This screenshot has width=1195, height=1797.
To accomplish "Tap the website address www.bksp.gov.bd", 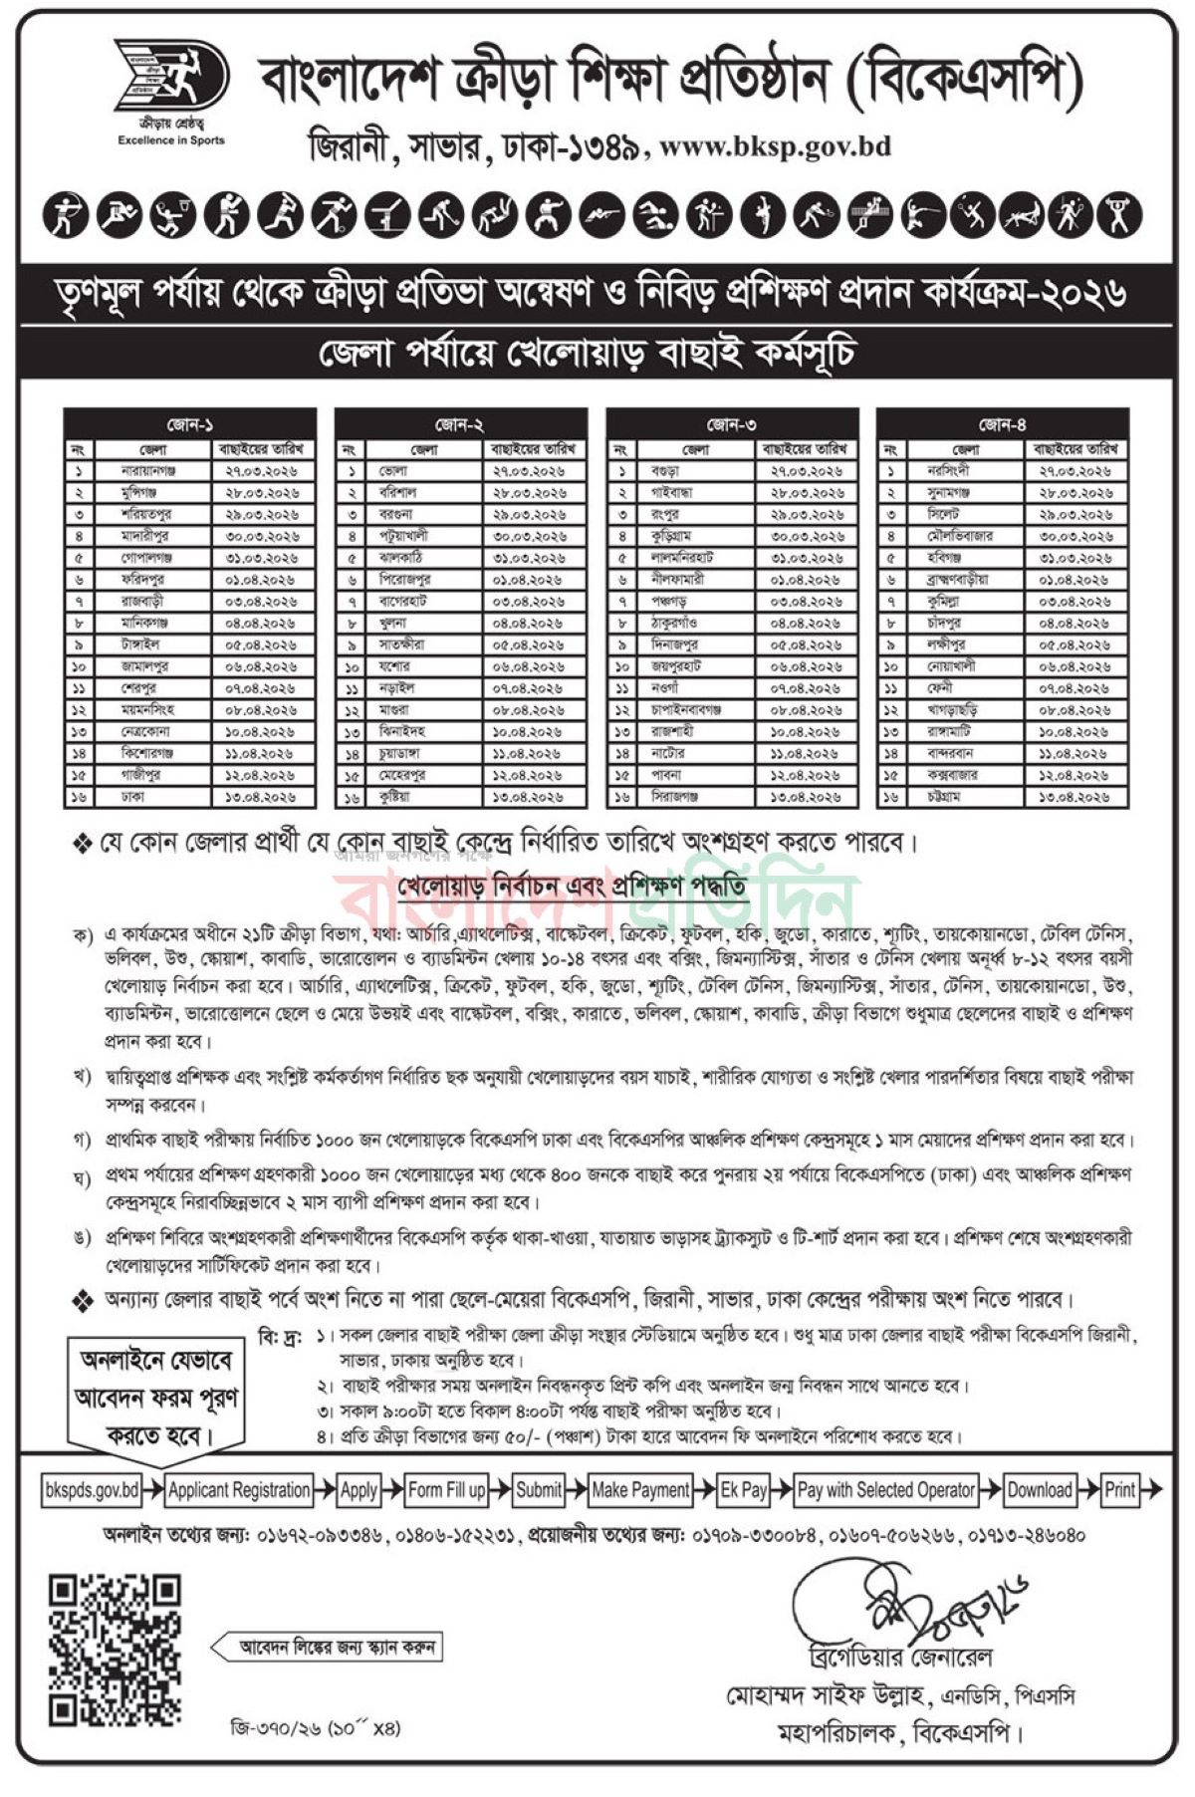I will [x=775, y=147].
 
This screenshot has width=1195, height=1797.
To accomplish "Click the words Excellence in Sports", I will [x=171, y=140].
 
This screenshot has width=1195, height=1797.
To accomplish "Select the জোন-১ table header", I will [x=189, y=425].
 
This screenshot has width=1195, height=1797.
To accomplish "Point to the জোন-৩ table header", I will [x=731, y=425].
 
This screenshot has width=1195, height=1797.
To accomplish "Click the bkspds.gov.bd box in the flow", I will [x=92, y=1490].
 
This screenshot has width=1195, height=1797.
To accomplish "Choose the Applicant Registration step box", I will [x=239, y=1490].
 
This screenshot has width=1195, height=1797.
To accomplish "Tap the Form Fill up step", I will [x=447, y=1490].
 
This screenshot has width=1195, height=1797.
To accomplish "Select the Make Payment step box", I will [x=640, y=1490].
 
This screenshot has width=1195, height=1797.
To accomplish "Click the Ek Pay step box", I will [x=744, y=1490].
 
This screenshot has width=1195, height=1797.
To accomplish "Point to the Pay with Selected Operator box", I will [x=886, y=1490].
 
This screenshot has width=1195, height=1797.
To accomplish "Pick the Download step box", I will [x=1040, y=1490].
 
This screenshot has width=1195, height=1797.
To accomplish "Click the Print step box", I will [x=1120, y=1490].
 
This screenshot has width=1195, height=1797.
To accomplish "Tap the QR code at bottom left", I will [x=116, y=1650].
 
